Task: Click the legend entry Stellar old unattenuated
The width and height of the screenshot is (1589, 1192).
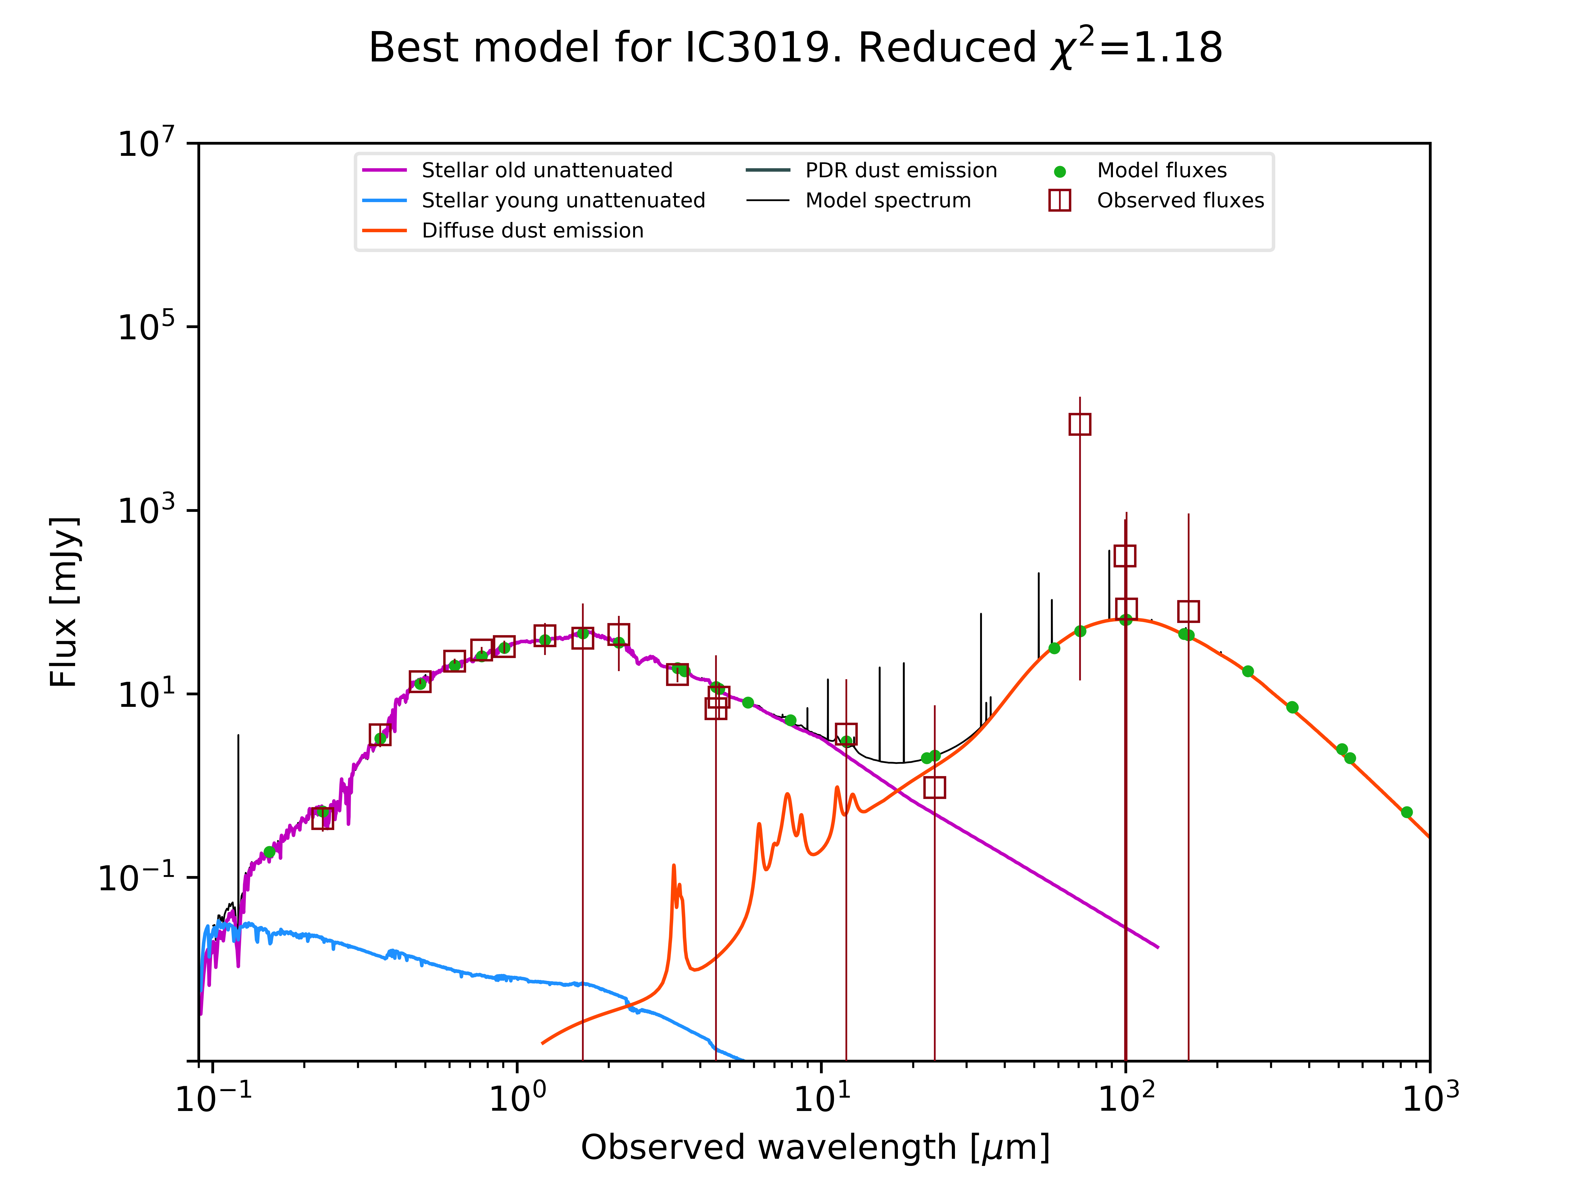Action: click(x=547, y=170)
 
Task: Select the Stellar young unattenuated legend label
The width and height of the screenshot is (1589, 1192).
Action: click(x=563, y=201)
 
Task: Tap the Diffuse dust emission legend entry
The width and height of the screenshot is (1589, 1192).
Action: click(x=532, y=231)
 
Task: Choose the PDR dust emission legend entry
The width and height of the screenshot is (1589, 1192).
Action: click(x=901, y=170)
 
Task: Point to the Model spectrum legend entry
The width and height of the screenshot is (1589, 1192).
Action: click(x=888, y=201)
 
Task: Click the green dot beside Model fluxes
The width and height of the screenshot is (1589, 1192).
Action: click(x=1060, y=172)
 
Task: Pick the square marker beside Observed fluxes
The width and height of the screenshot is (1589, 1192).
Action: click(x=1060, y=201)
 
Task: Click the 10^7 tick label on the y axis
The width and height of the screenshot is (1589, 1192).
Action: click(x=146, y=143)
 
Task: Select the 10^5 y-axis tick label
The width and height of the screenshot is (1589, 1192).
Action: click(x=146, y=327)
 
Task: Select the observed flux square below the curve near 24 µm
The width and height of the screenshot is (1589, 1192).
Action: click(x=934, y=788)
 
